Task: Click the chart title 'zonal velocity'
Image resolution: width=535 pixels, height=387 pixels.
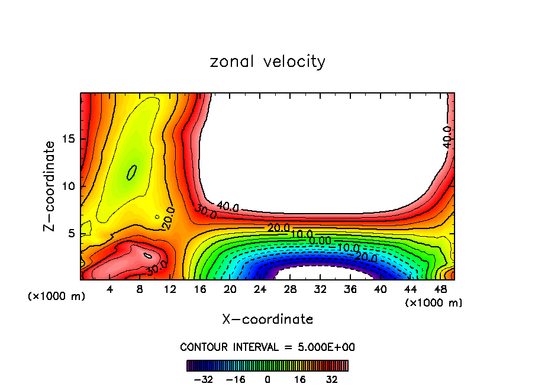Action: [x=267, y=62]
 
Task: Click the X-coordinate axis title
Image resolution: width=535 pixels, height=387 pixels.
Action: [x=267, y=320]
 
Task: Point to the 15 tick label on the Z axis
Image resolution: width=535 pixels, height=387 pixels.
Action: [x=68, y=139]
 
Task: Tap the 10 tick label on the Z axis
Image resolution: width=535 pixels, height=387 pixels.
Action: [x=68, y=186]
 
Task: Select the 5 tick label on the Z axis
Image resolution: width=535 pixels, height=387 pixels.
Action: [x=72, y=234]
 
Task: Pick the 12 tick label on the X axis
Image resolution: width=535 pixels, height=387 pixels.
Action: [x=170, y=289]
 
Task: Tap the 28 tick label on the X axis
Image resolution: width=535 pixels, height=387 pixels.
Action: [x=290, y=289]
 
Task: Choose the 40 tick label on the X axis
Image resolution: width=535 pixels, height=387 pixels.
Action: [x=380, y=289]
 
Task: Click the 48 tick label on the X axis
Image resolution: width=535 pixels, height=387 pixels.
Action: [x=440, y=289]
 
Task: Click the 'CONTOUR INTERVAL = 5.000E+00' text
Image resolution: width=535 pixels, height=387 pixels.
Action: [x=267, y=347]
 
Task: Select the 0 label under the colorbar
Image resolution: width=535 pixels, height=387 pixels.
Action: [x=267, y=379]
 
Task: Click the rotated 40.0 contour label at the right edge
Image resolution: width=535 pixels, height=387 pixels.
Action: [x=447, y=137]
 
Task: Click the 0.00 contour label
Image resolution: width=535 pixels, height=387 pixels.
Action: [x=320, y=241]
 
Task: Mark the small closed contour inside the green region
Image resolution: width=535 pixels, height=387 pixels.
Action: [x=132, y=172]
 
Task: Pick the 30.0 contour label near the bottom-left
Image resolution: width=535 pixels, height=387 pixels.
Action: [x=156, y=268]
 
